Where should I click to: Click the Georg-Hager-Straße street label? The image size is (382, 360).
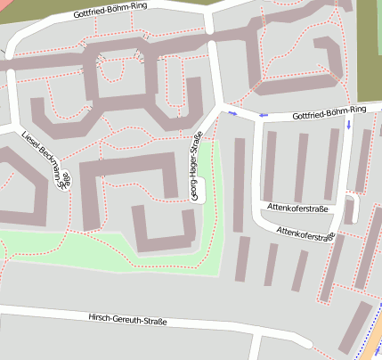coord(196,167)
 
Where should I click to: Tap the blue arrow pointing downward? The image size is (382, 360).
coord(348,124)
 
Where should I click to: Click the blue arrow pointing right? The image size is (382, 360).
coord(232,113)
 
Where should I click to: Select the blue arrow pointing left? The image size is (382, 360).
coord(263,115)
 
